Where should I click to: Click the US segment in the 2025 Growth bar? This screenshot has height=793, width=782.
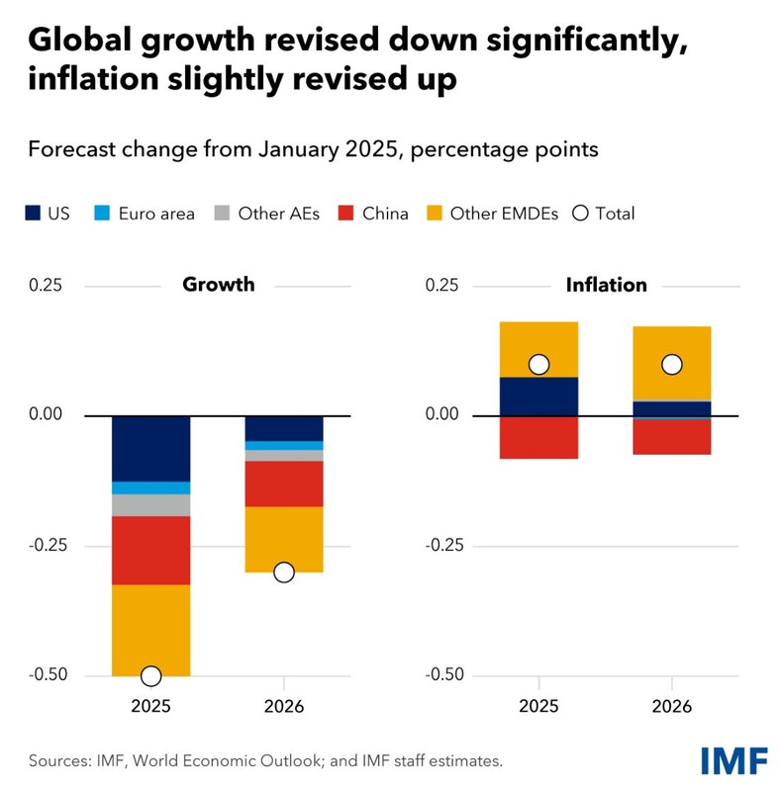click(x=150, y=448)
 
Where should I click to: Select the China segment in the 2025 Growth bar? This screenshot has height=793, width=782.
click(x=150, y=550)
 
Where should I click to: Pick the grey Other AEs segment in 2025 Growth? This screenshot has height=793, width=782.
click(x=150, y=504)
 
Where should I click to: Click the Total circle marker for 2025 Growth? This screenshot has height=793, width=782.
click(x=150, y=676)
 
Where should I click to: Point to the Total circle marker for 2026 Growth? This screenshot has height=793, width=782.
click(x=283, y=573)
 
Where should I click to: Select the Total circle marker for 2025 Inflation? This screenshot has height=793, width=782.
click(x=538, y=365)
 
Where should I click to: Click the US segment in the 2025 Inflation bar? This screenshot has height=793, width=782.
click(x=538, y=396)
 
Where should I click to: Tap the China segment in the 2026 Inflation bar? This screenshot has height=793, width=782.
click(x=671, y=437)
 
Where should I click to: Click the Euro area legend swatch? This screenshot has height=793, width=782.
click(x=100, y=214)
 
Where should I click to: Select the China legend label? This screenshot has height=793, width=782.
click(x=386, y=214)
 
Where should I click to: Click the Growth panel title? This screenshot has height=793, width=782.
click(x=218, y=285)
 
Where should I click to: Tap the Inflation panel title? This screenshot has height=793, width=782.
click(x=606, y=285)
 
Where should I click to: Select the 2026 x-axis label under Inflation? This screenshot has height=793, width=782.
click(x=671, y=707)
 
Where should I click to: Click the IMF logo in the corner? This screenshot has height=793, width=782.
click(x=733, y=760)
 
